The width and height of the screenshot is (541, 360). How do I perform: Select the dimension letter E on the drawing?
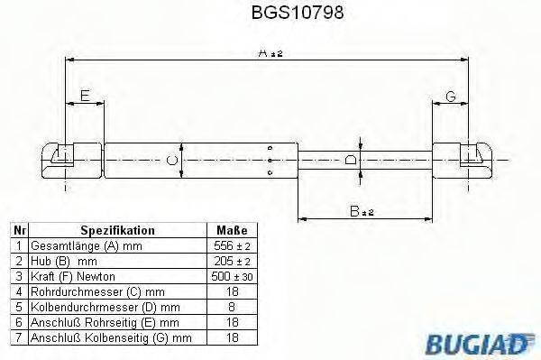click(84, 95)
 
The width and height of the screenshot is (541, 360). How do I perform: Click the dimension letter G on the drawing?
click(450, 97)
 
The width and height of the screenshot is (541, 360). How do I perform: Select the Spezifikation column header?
click(117, 231)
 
